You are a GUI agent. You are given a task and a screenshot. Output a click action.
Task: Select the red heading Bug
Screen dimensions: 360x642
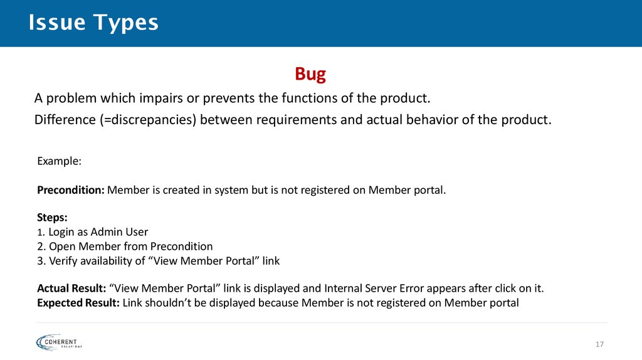point(310,75)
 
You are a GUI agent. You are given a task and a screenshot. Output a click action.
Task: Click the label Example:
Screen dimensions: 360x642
point(59,161)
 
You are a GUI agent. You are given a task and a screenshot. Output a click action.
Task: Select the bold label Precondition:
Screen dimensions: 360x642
point(71,190)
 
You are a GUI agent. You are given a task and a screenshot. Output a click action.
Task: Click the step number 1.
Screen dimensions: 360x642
point(40,232)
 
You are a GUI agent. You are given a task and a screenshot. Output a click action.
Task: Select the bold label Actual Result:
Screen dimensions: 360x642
point(71,289)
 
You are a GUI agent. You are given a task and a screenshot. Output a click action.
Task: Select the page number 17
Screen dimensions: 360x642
point(599,344)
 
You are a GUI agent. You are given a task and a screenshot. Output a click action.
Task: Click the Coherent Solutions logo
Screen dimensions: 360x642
point(60,342)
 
